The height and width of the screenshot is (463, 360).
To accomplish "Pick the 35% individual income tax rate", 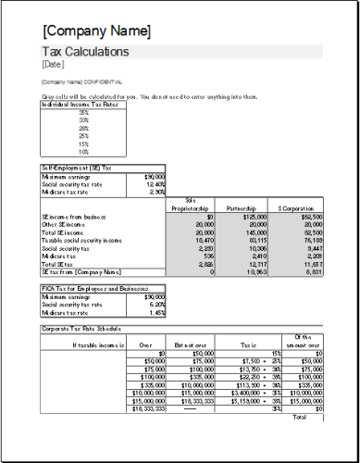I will point(84,112).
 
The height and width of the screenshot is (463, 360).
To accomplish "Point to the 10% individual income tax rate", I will point(84,151).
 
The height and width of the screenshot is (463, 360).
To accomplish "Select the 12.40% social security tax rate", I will point(154,183).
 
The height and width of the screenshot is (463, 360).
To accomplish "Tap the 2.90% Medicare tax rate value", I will point(154,192).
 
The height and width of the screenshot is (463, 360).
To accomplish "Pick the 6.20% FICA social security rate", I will point(154,304).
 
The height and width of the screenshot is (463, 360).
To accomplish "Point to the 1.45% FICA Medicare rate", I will point(154,312).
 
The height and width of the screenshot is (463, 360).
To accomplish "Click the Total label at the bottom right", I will point(299,417).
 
